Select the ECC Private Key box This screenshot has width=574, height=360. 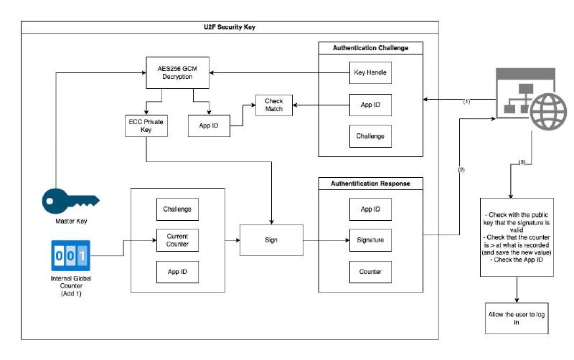coord(146,126)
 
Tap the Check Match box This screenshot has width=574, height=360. coord(274,105)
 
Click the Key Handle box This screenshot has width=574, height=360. coord(370,72)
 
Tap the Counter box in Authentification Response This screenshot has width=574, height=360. coord(370,273)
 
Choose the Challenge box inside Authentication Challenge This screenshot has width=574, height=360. coord(370,135)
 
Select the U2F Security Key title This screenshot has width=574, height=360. coord(230,27)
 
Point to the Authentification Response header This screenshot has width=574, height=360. coord(370,184)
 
